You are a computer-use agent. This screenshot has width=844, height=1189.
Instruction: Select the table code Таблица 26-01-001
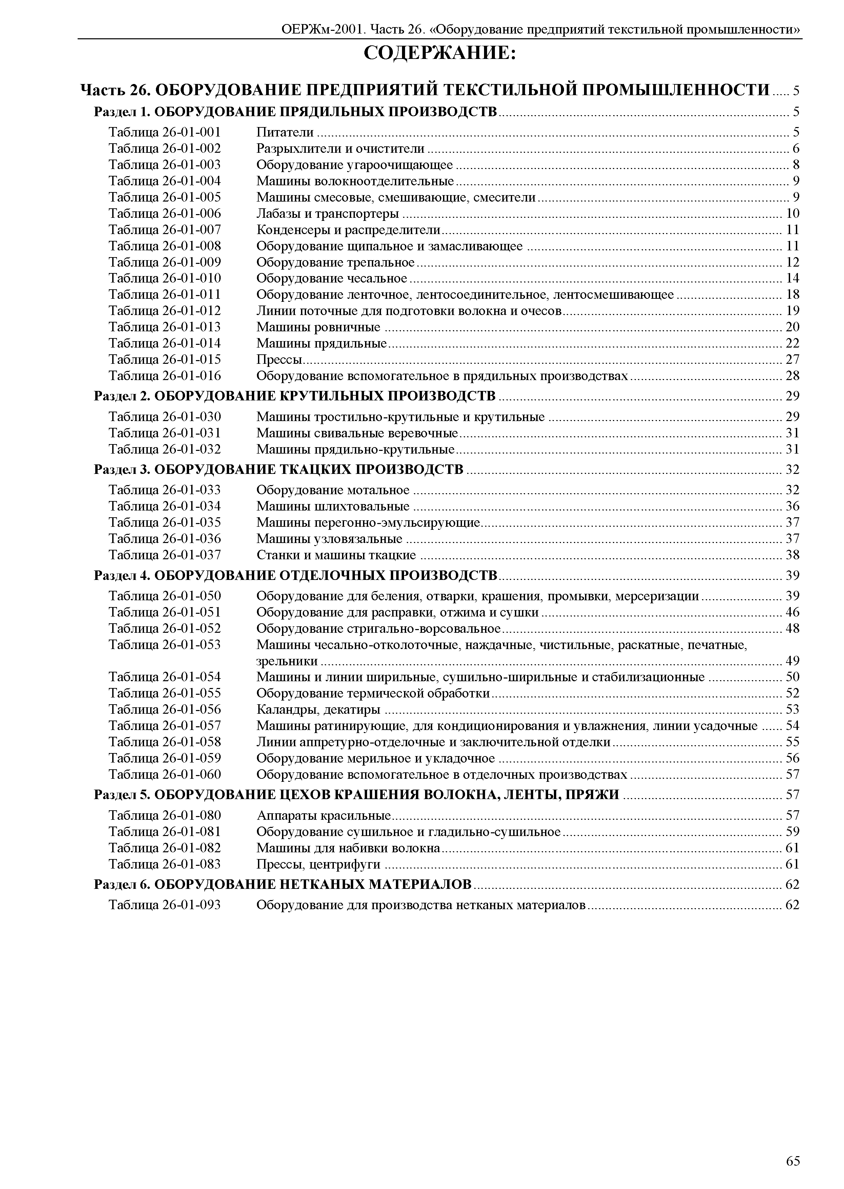tap(164, 132)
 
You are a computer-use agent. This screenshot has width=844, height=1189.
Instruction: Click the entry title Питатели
tap(285, 132)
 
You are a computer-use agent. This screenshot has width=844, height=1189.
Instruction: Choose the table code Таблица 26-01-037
tap(164, 555)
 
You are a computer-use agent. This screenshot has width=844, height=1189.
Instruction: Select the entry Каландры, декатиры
tap(318, 710)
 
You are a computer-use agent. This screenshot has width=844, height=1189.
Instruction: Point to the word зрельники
tap(287, 661)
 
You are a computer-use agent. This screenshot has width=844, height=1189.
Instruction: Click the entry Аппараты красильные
tap(323, 815)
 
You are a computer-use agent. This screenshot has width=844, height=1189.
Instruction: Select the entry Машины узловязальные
tap(329, 539)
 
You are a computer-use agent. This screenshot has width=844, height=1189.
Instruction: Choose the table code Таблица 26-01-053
tap(164, 645)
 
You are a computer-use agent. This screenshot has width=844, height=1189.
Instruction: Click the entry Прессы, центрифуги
tap(318, 864)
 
